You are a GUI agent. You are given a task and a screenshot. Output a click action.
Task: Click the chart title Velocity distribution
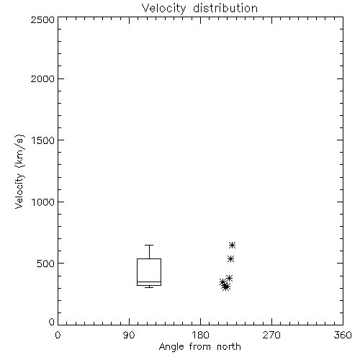[199, 9]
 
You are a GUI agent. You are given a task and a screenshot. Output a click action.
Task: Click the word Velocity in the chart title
[163, 9]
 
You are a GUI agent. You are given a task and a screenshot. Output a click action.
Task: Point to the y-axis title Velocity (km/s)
[19, 171]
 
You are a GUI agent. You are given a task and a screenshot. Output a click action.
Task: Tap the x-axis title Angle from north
[199, 347]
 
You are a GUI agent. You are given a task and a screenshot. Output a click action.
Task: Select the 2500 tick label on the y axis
[42, 19]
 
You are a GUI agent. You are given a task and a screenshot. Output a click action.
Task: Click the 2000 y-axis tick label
[42, 78]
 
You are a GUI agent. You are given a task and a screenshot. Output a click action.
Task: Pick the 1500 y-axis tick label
[43, 140]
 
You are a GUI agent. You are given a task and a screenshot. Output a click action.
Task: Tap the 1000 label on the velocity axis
[43, 202]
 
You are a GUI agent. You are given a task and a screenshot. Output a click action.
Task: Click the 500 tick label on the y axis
[46, 264]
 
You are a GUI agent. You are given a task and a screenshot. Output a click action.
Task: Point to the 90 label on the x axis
[129, 335]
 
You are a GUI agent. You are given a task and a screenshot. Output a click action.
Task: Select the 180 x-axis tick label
[200, 335]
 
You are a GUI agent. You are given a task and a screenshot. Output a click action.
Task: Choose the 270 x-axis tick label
[271, 335]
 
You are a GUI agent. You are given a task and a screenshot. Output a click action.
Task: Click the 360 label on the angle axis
[343, 335]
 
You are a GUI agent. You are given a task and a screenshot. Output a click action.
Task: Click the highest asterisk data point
[232, 246]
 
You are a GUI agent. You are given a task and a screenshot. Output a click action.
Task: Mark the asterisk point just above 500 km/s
[230, 259]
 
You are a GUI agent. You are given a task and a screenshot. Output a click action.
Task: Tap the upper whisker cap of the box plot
[149, 245]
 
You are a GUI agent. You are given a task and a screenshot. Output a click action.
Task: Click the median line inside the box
[149, 282]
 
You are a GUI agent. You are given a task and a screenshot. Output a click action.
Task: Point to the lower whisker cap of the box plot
[149, 287]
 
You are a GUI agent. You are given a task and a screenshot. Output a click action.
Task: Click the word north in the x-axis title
[229, 347]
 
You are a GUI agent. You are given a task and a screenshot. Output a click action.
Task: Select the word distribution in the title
[225, 8]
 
